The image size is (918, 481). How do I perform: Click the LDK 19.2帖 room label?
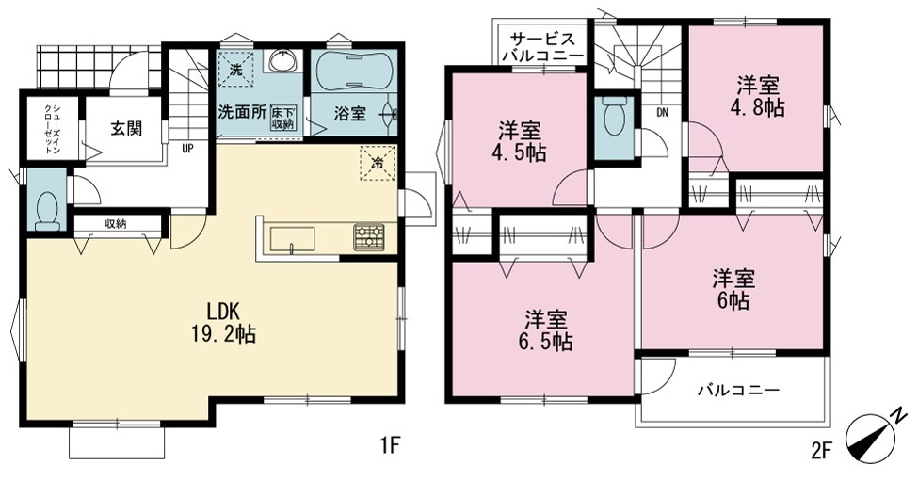point(222,322)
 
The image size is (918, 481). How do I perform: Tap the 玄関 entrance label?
point(126,128)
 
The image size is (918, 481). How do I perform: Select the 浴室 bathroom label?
point(349,114)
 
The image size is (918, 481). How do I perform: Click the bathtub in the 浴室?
point(352,72)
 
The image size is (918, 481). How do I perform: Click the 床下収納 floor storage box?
point(283,119)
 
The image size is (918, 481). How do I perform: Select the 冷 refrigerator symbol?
point(378,163)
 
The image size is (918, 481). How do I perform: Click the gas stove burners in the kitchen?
point(368,237)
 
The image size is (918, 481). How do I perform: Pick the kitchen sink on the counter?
point(292,239)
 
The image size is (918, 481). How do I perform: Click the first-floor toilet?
point(47,211)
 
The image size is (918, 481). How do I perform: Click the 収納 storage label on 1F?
point(117,223)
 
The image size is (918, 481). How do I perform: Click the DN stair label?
point(662,113)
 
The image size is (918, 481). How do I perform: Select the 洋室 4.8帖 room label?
point(759,97)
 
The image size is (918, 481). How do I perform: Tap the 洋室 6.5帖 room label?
point(546,331)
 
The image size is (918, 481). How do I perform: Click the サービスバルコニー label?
point(542,48)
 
